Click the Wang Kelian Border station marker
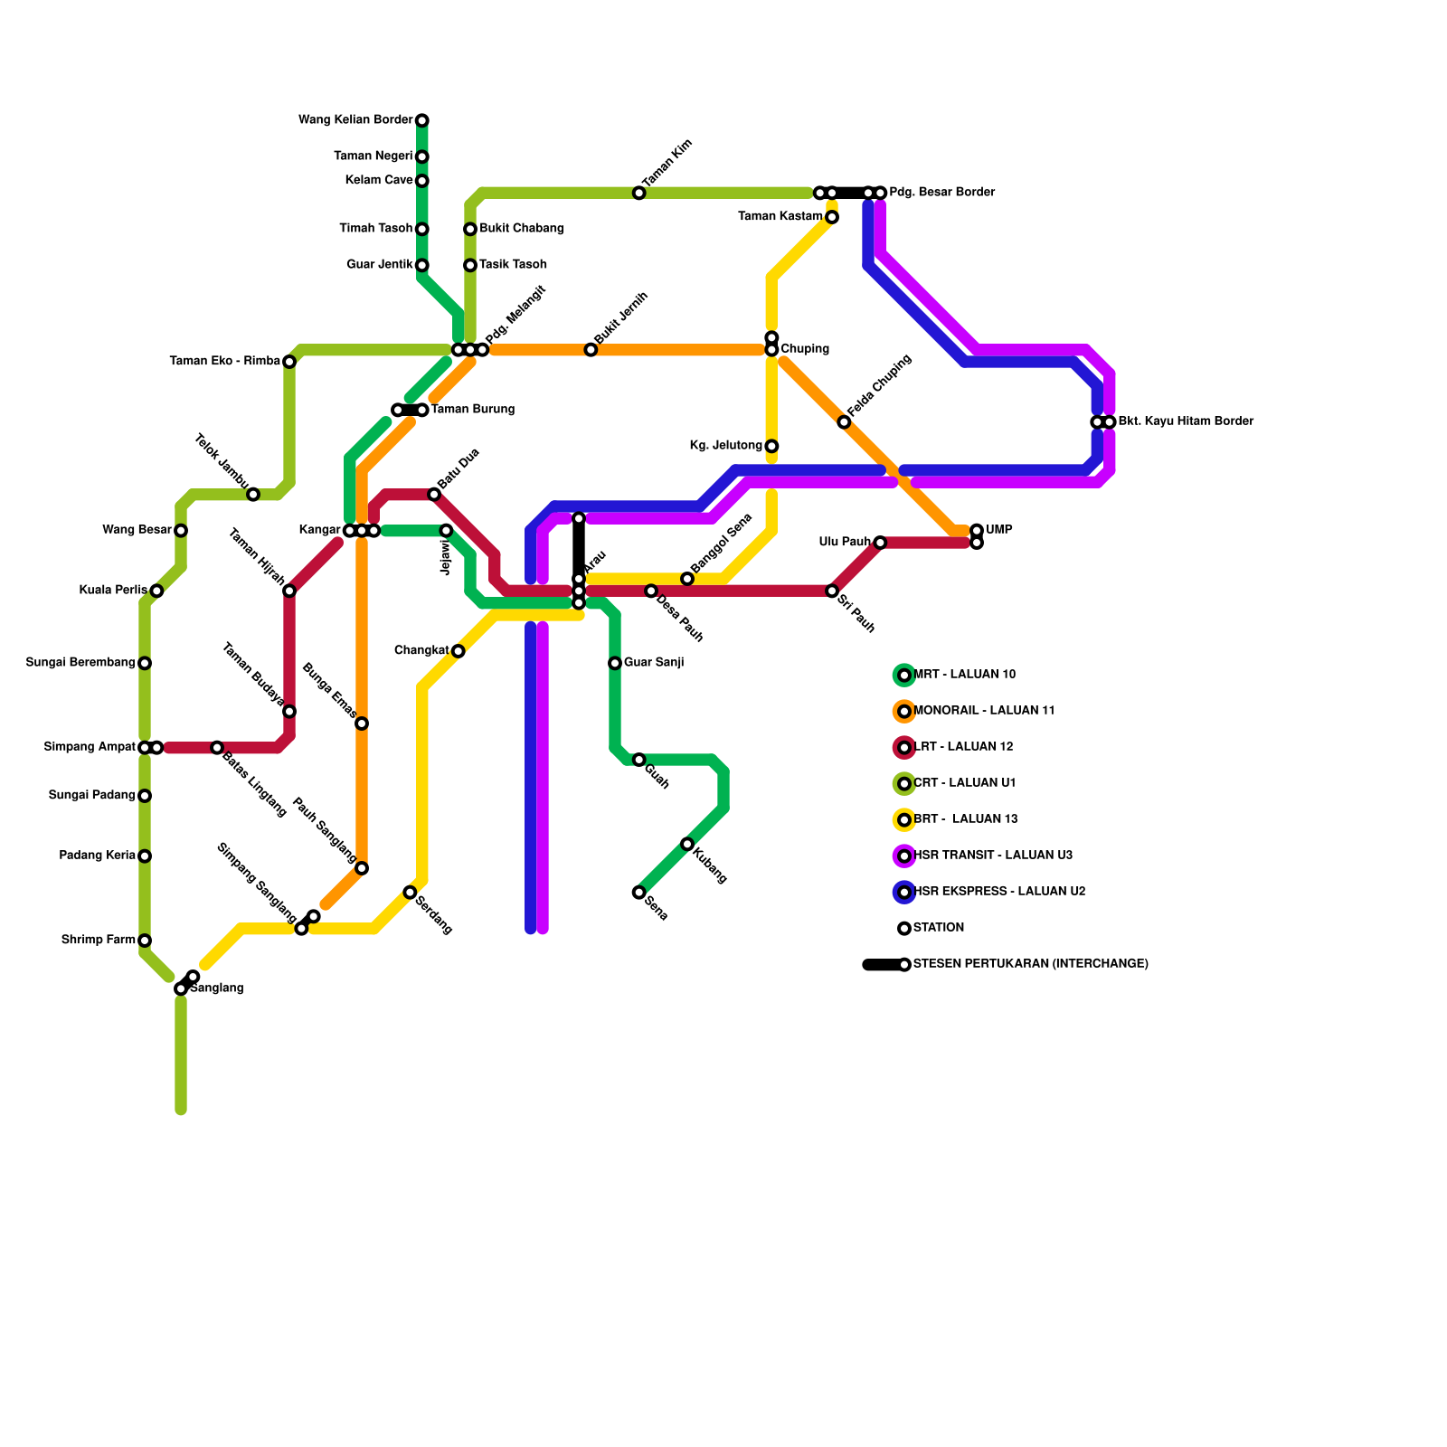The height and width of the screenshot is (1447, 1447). point(421,120)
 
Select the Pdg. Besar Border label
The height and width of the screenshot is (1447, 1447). point(941,193)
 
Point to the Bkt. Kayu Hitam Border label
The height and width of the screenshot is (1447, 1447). point(1185,421)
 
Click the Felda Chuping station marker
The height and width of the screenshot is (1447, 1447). point(844,422)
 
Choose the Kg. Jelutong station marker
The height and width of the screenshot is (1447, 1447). point(771,446)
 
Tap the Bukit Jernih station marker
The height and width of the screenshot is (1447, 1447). point(591,350)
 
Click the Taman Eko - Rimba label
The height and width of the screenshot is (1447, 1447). point(224,362)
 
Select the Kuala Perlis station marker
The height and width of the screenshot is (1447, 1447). point(156,591)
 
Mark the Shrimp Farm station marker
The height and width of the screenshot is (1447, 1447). point(145,941)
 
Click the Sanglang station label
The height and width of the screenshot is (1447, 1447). point(217,988)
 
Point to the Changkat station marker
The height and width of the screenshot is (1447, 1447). point(458,651)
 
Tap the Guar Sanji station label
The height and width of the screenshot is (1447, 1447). point(653,663)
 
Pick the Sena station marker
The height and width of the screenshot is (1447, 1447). point(638,893)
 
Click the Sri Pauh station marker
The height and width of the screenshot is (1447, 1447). point(832,591)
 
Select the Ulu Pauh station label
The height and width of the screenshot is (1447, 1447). point(845,543)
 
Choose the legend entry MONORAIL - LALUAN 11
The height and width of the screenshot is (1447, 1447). point(984,711)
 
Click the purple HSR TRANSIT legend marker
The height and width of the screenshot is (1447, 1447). point(904,856)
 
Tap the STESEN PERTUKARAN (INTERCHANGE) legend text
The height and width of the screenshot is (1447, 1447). point(1030,964)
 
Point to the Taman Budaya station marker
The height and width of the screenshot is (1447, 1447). point(289,712)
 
